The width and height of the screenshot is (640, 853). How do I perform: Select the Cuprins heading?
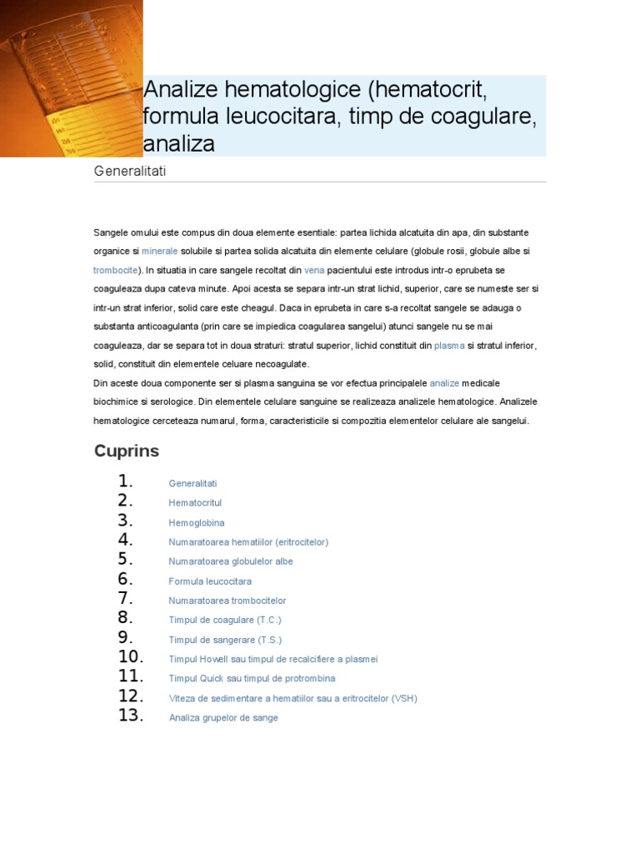click(x=126, y=451)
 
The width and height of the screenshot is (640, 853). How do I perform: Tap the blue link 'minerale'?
click(x=160, y=251)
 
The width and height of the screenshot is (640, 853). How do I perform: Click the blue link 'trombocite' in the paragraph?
click(x=114, y=270)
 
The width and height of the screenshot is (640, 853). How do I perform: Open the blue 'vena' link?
click(x=314, y=270)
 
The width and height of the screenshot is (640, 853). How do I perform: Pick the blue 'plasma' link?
click(x=449, y=345)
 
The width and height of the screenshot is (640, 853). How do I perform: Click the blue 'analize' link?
click(x=444, y=383)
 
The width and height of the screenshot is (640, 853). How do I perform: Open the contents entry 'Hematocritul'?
click(x=195, y=503)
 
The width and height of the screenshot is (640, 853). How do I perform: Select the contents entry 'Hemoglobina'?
click(x=197, y=523)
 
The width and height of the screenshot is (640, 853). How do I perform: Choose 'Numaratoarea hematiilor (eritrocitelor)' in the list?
click(x=248, y=542)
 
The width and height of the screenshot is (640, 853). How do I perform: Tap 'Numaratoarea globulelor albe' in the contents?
click(x=231, y=561)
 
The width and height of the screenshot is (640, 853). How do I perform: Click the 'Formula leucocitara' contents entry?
click(x=210, y=581)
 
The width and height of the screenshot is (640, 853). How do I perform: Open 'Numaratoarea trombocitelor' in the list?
click(x=227, y=601)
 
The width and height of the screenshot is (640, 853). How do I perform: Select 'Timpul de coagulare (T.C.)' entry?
click(x=225, y=620)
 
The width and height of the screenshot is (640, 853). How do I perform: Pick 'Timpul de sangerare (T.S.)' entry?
click(x=225, y=640)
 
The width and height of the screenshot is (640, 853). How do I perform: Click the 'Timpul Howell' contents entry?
click(x=273, y=659)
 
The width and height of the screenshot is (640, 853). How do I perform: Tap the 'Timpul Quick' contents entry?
click(x=257, y=679)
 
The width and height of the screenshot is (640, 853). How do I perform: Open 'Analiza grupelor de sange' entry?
click(x=223, y=718)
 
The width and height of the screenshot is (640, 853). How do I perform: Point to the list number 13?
click(x=132, y=716)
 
